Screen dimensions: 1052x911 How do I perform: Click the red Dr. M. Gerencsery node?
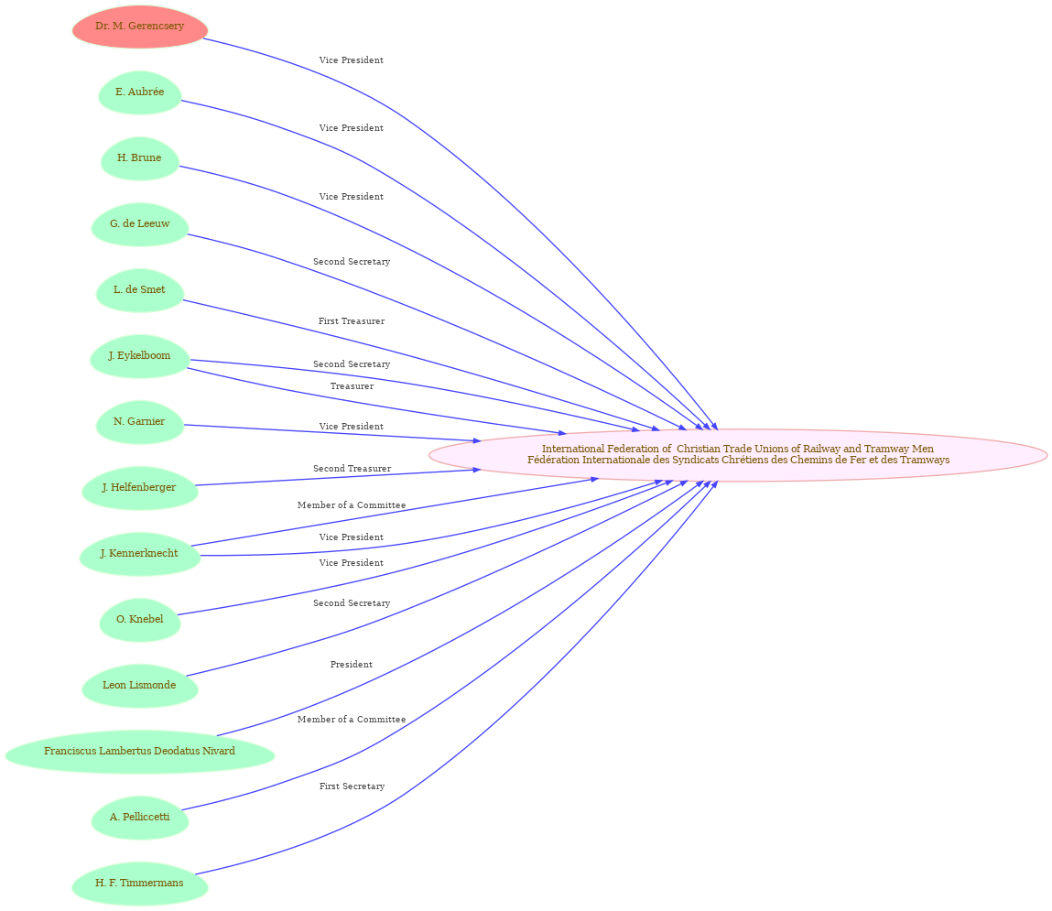139,27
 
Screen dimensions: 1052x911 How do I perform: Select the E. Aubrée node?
139,92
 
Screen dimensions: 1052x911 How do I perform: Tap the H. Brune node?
139,158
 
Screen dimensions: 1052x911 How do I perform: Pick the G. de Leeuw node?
139,224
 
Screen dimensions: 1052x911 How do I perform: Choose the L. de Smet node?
139,290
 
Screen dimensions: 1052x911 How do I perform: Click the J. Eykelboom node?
139,355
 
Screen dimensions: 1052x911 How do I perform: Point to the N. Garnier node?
139,421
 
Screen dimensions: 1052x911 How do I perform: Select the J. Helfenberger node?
139,488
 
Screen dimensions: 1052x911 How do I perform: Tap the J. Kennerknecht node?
139,553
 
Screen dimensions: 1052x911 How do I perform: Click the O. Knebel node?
139,619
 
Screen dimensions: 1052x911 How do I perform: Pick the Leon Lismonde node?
139,685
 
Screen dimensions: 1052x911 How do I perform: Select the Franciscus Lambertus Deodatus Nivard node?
139,752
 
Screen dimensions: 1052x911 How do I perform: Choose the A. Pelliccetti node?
139,817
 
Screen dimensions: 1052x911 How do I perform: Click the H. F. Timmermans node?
139,883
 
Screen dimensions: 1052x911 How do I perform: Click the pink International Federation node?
738,455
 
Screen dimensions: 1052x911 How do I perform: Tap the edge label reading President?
352,665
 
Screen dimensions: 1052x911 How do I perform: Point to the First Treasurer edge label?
352,321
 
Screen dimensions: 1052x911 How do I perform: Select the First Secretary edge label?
352,786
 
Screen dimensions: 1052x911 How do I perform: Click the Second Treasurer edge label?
352,469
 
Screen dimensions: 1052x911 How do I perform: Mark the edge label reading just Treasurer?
352,386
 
